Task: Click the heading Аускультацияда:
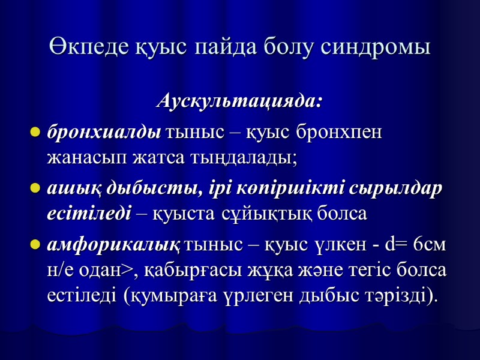(239, 101)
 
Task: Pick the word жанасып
(77, 158)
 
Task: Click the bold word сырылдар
(400, 187)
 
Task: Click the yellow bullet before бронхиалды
(35, 131)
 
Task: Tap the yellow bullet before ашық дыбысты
(35, 188)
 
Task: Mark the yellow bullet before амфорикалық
(35, 245)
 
